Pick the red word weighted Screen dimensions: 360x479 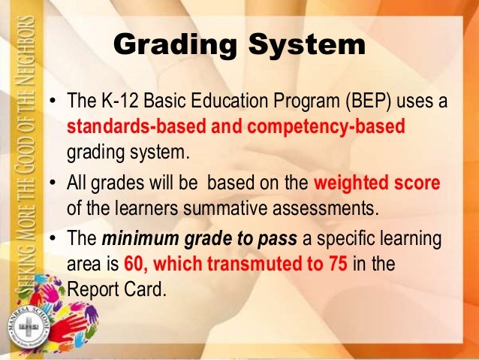coord(351,182)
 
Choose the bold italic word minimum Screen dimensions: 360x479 coord(140,241)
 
